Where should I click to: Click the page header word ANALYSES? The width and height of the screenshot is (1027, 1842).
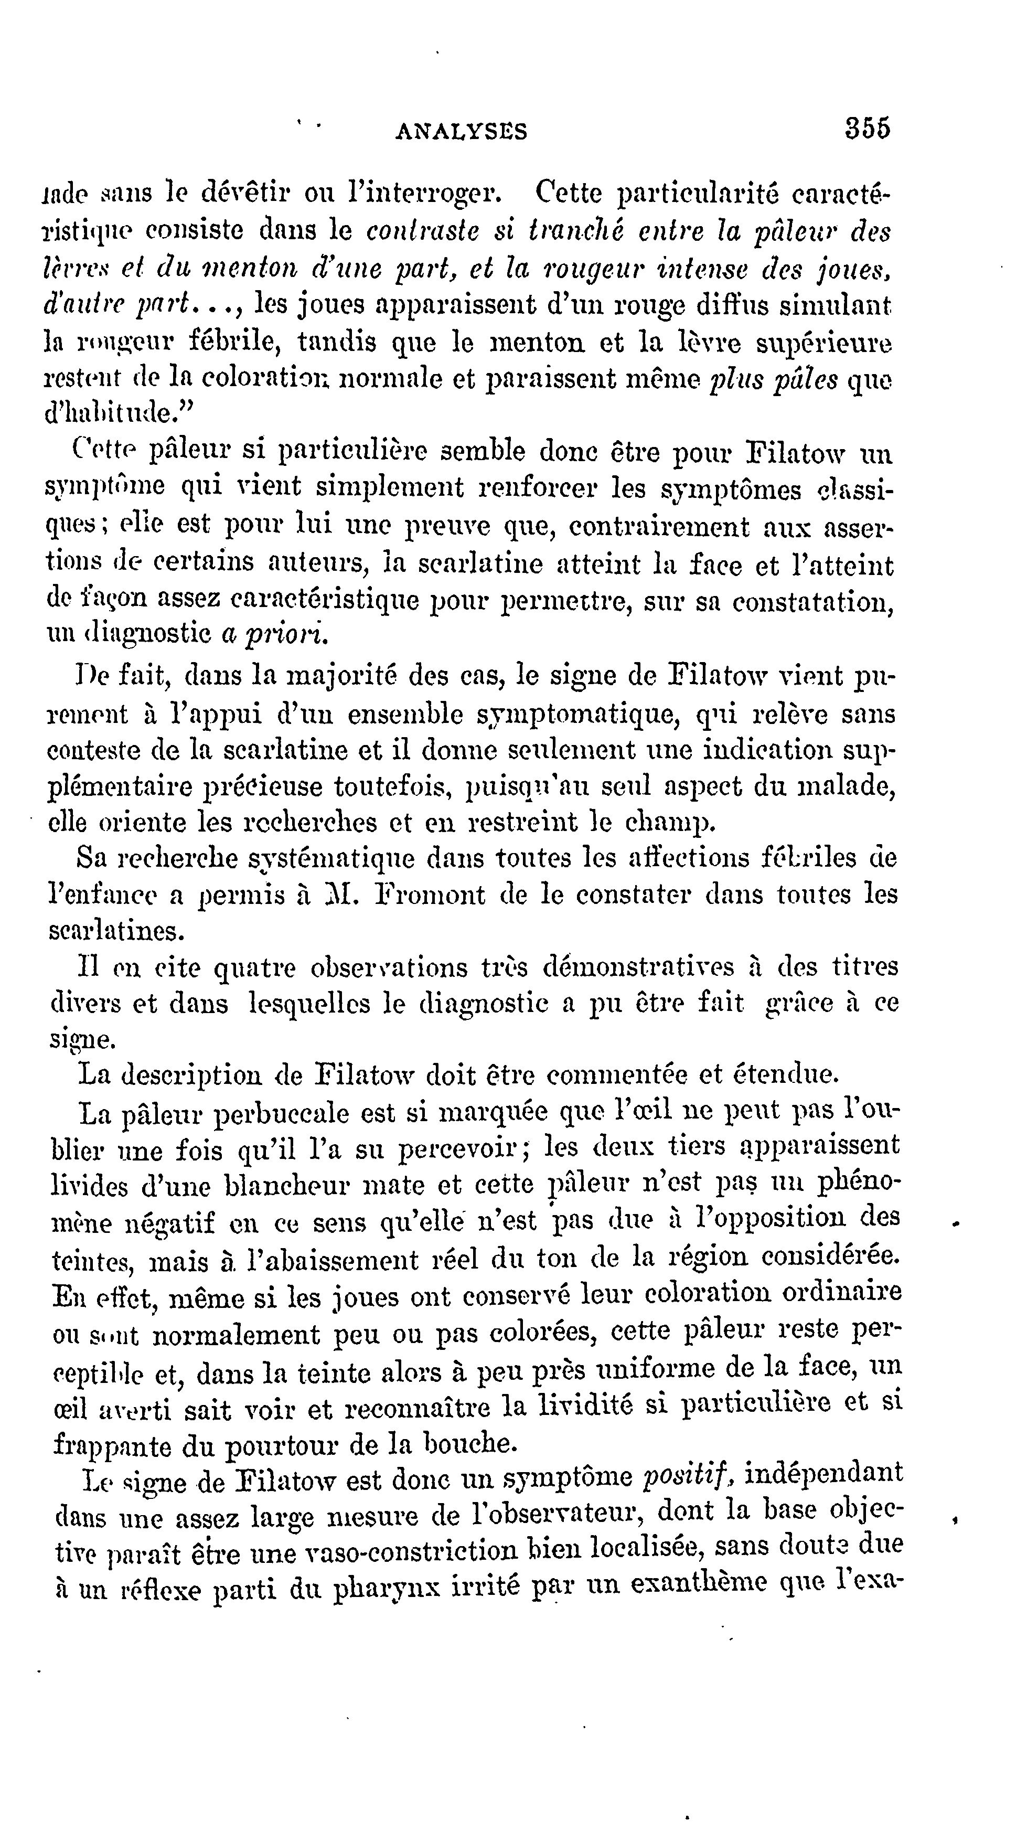[x=461, y=131]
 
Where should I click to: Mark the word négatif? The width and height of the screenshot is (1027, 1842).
[x=169, y=1223]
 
